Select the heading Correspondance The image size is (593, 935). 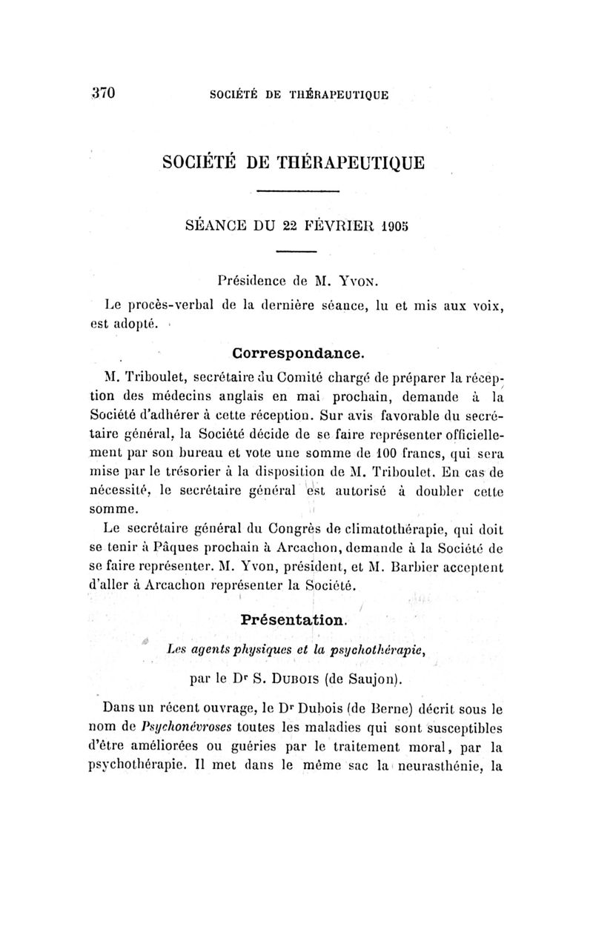[x=296, y=347]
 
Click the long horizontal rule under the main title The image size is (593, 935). [x=296, y=193]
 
